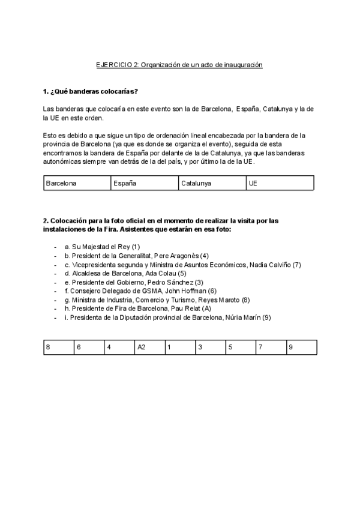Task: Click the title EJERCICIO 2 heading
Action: coord(179,64)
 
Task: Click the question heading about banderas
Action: coord(91,91)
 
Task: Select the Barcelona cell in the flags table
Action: coord(77,183)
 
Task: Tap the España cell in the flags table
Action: coord(145,183)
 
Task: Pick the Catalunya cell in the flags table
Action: coord(212,183)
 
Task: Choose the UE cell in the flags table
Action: coord(280,183)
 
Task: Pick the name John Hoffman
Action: coord(185,291)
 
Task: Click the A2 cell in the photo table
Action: coord(150,347)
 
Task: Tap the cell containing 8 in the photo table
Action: coord(58,347)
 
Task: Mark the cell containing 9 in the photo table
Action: coord(302,347)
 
